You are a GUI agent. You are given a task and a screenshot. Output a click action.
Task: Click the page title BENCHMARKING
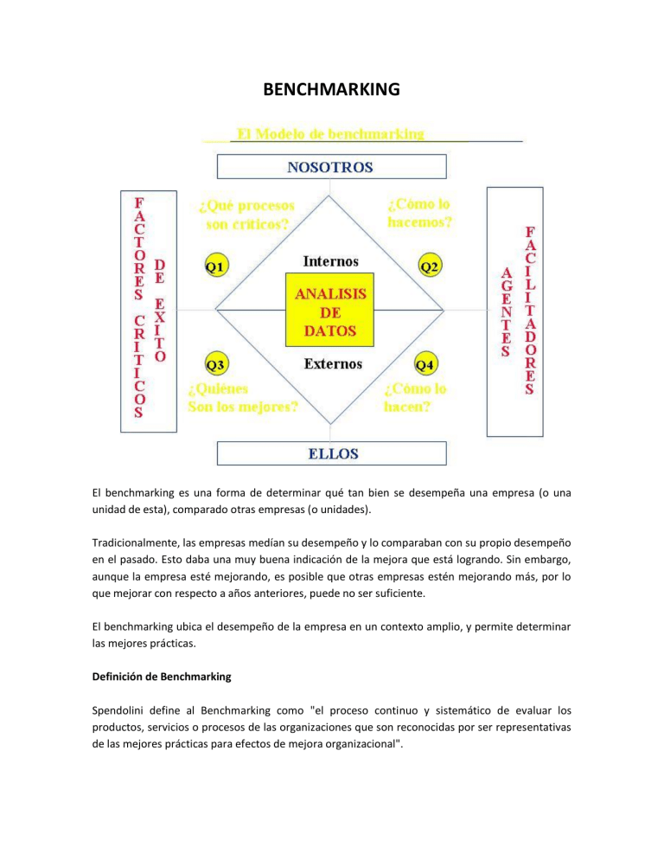331,88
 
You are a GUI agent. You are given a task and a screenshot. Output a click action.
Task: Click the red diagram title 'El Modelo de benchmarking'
330,134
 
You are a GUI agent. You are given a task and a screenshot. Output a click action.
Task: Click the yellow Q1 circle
216,266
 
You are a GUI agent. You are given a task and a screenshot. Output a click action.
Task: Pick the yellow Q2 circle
429,266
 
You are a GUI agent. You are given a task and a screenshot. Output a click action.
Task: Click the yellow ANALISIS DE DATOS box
332,312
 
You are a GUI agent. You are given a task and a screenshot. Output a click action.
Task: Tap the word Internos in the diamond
331,260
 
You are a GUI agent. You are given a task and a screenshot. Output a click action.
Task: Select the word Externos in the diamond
333,363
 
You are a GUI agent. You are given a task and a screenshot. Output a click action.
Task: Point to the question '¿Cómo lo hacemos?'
420,213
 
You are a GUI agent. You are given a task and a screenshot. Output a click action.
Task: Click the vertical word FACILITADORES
529,311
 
